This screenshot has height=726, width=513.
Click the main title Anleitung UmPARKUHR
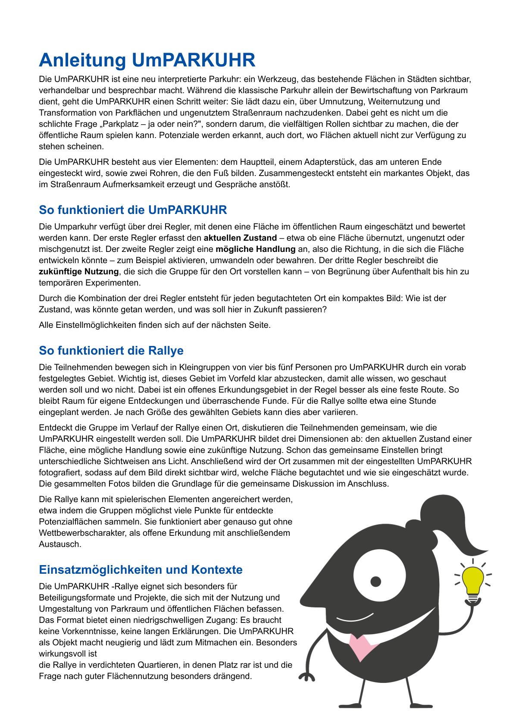pyautogui.click(x=147, y=60)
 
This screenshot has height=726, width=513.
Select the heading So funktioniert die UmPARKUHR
pyautogui.click(x=133, y=210)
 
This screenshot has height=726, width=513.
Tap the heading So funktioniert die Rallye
pyautogui.click(x=111, y=350)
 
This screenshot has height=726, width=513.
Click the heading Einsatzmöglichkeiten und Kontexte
pyautogui.click(x=141, y=569)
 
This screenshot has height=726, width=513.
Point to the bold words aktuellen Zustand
pyautogui.click(x=240, y=238)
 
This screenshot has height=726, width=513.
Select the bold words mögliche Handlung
pyautogui.click(x=255, y=249)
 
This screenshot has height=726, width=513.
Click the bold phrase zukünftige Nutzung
pyautogui.click(x=78, y=272)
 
